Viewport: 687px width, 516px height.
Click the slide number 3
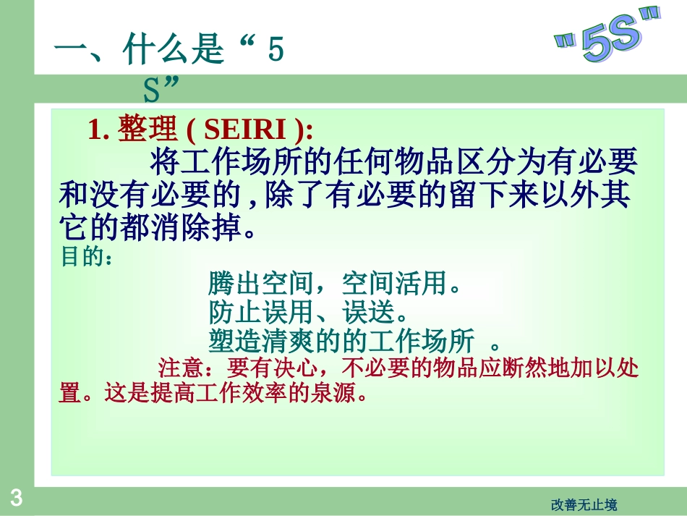click(x=16, y=498)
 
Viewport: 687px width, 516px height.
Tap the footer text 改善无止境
click(x=584, y=505)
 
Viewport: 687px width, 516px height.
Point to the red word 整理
click(x=148, y=130)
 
